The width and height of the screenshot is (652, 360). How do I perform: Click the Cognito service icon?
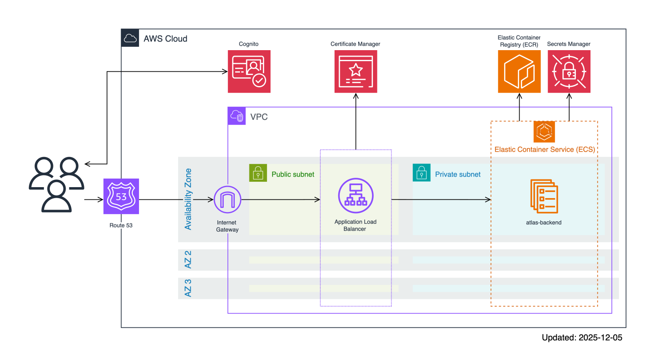point(249,71)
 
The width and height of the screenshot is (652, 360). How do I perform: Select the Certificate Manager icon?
point(356,71)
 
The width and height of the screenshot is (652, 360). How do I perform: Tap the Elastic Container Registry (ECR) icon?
point(519,71)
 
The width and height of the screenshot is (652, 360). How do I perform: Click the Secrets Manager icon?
point(569,71)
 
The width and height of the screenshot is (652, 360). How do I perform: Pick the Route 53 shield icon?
point(121,196)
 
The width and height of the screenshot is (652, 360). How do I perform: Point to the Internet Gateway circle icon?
point(227,199)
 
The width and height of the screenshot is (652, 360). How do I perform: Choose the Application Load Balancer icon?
point(356,196)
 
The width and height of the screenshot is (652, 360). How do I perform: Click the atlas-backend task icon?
point(544,196)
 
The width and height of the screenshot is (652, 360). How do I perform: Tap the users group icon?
point(56,184)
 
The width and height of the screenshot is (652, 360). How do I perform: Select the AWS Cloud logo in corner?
point(130,38)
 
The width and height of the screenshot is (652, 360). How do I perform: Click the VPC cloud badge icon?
point(237,116)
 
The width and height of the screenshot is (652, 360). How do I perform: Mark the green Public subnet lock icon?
point(258,173)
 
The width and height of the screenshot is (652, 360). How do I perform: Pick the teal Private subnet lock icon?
point(421,173)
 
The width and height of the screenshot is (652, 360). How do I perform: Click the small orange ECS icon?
point(544,131)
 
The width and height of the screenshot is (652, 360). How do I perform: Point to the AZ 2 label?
point(188,260)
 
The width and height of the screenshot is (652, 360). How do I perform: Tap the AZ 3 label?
point(188,288)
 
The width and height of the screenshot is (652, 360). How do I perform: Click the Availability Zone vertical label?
point(188,199)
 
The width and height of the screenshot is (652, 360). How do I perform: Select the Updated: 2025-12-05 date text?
point(582,338)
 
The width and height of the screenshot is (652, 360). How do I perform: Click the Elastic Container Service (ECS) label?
point(544,150)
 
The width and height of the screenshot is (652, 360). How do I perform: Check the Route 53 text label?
point(121,225)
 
